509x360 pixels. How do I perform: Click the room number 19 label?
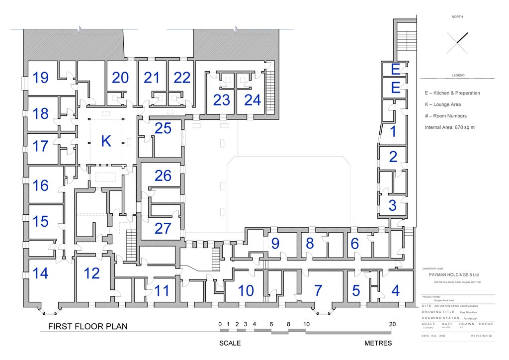pyautogui.click(x=41, y=78)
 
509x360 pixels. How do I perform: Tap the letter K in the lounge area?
pyautogui.click(x=106, y=141)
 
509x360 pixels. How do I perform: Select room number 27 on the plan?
pyautogui.click(x=163, y=228)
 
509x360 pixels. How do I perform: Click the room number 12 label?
pyautogui.click(x=91, y=273)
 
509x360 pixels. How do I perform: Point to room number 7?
pyautogui.click(x=318, y=291)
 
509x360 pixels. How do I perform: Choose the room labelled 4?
pyautogui.click(x=395, y=291)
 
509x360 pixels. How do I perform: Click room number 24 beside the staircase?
pyautogui.click(x=253, y=100)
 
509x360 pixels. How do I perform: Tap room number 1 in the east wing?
pyautogui.click(x=393, y=132)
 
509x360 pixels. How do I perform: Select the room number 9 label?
pyautogui.click(x=275, y=244)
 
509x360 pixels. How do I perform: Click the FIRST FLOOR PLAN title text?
pyautogui.click(x=87, y=327)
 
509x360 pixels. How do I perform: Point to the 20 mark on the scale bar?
pyautogui.click(x=392, y=324)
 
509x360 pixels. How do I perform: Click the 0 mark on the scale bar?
pyautogui.click(x=220, y=324)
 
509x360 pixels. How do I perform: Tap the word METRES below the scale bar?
pyautogui.click(x=378, y=343)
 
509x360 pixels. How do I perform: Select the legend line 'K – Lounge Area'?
pyautogui.click(x=442, y=104)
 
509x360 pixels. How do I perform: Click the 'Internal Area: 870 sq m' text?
pyautogui.click(x=449, y=127)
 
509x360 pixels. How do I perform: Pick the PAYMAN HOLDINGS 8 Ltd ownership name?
pyautogui.click(x=453, y=274)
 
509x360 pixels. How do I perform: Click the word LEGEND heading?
pyautogui.click(x=458, y=76)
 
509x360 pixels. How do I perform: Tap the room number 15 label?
pyautogui.click(x=41, y=221)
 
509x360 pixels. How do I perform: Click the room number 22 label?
pyautogui.click(x=182, y=78)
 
